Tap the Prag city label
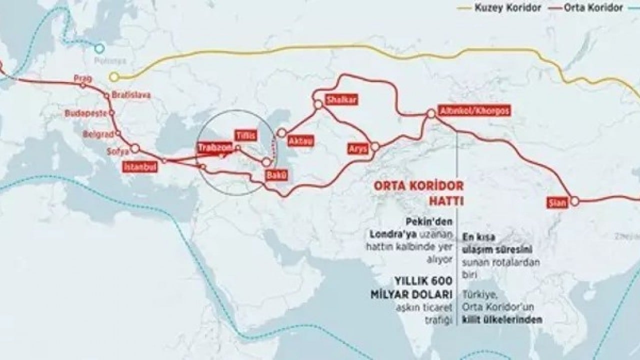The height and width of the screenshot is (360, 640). click(x=80, y=78)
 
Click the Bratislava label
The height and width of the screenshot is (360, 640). click(x=131, y=94)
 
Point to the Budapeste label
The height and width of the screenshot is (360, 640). click(x=85, y=113)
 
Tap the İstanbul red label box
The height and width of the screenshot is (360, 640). click(x=140, y=167)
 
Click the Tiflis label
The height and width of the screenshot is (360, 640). click(x=246, y=135)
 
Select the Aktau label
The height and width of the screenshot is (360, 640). click(x=301, y=141)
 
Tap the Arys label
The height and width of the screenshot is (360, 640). click(x=357, y=149)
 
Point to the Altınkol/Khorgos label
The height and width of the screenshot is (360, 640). click(x=473, y=111)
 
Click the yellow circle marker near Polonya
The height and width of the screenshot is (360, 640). click(x=114, y=77)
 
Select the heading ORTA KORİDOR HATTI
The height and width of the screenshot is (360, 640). click(x=419, y=192)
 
